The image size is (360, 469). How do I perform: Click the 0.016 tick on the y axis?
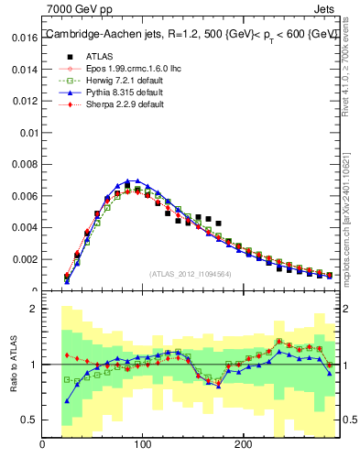24,38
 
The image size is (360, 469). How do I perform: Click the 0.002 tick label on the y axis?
24,259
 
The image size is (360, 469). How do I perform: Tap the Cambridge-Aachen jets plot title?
191,34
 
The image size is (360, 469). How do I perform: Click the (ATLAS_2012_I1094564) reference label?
190,273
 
